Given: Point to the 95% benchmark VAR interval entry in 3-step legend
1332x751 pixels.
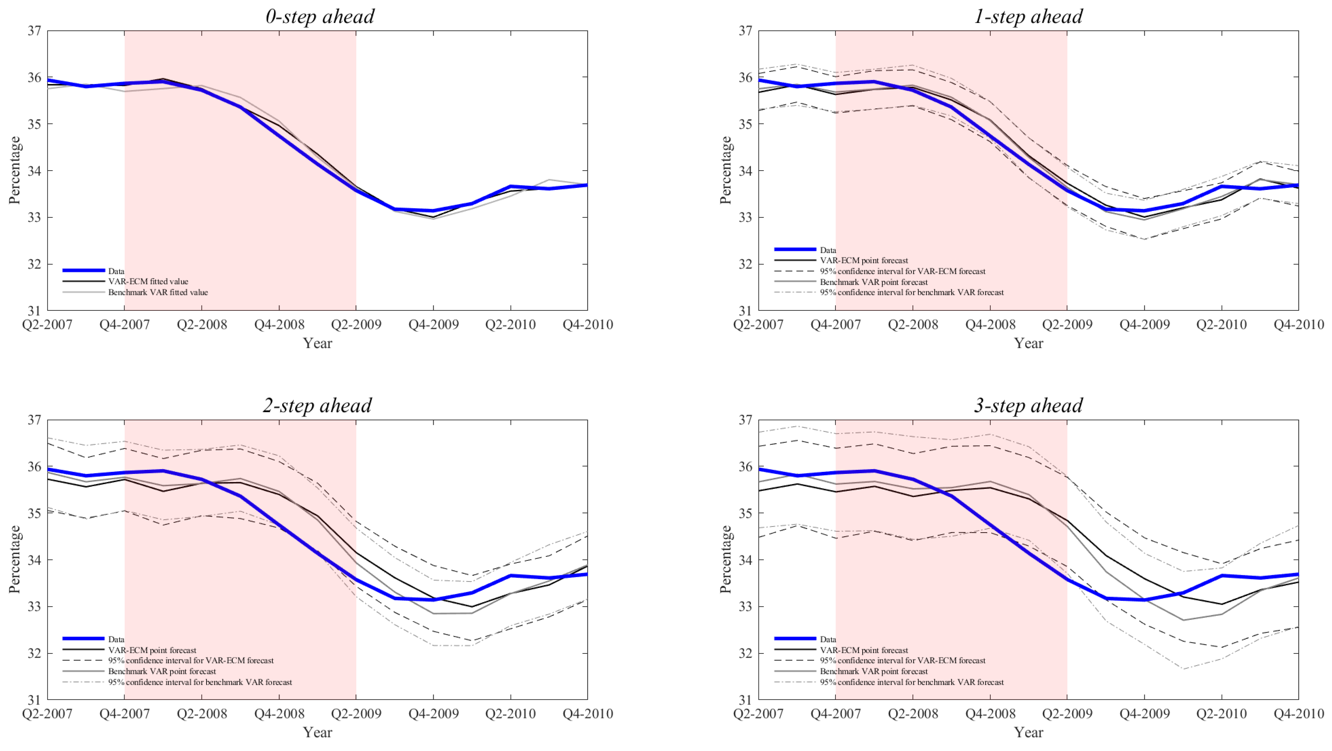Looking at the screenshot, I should click(x=912, y=682).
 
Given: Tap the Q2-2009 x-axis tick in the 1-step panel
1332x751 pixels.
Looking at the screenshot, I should click(x=1067, y=325).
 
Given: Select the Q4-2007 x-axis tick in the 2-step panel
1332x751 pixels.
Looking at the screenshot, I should click(x=125, y=714).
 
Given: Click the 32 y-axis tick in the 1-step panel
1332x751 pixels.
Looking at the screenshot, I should click(x=745, y=264).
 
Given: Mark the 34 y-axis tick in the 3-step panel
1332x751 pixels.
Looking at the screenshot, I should click(x=745, y=560).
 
